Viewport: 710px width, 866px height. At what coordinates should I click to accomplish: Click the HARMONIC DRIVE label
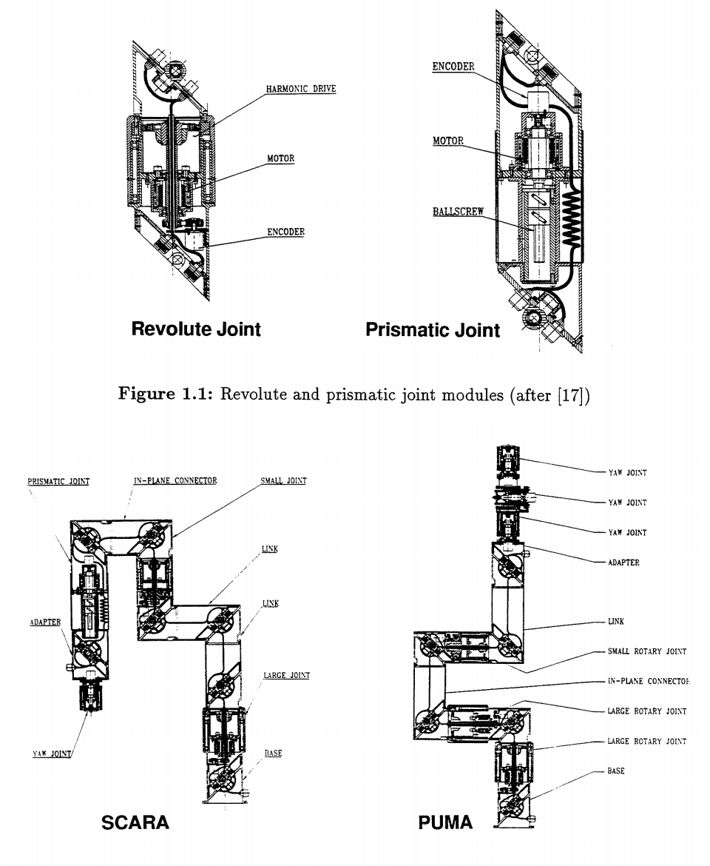[x=300, y=89]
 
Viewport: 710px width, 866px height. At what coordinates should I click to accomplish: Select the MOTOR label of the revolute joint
[x=280, y=158]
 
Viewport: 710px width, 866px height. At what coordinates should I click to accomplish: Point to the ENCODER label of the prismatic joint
[x=453, y=67]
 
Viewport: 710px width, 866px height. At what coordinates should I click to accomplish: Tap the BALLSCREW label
[x=458, y=212]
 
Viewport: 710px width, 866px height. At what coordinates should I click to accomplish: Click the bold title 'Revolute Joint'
[x=195, y=329]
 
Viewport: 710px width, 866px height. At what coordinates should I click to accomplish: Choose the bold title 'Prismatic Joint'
[x=433, y=330]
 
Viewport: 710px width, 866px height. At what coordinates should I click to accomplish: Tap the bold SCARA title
[x=135, y=822]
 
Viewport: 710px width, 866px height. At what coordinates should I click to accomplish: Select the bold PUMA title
[x=445, y=822]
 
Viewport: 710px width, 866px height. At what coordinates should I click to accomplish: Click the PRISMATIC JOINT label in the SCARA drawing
[x=58, y=481]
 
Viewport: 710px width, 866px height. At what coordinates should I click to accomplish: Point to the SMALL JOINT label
[x=283, y=481]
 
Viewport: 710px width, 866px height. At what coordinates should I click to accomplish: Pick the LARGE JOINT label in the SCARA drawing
[x=286, y=676]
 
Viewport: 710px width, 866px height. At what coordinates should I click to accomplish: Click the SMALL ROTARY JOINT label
[x=646, y=652]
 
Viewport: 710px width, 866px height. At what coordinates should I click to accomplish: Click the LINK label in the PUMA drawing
[x=615, y=622]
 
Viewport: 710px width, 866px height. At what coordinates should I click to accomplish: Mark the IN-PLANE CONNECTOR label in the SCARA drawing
[x=175, y=480]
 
